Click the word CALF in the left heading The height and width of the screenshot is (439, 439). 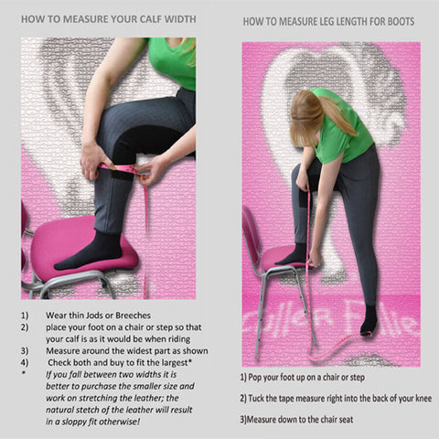tap(150, 19)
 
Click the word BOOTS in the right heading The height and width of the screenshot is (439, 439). tap(401, 22)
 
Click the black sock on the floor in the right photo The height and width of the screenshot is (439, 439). tap(369, 320)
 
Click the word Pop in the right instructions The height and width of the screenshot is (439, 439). tap(254, 378)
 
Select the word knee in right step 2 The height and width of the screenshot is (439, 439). tap(423, 399)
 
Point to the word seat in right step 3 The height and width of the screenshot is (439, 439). tap(346, 420)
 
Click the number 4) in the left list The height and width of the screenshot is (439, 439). tap(25, 363)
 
